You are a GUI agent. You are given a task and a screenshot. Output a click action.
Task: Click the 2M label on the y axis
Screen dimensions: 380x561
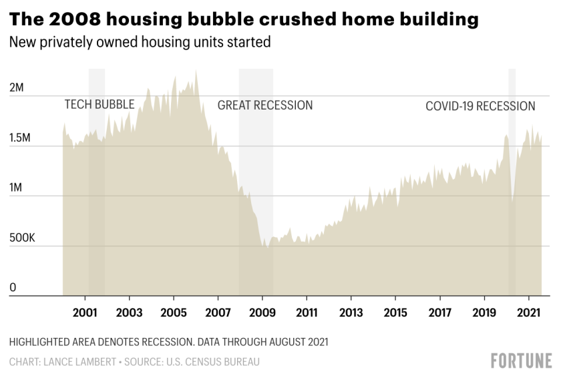[x=16, y=88]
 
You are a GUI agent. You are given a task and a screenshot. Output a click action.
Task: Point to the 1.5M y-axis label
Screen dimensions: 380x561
[x=21, y=138]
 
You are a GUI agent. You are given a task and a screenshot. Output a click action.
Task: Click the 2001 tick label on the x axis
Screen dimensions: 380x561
[x=85, y=313]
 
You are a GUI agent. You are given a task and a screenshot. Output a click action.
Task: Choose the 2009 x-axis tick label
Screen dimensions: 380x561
[x=262, y=313]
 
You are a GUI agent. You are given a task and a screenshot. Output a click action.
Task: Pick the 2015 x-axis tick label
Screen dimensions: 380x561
[x=395, y=313]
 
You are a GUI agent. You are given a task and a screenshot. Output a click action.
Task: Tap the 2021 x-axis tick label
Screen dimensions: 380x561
[x=528, y=313]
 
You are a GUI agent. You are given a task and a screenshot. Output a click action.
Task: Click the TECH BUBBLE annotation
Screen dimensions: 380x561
[x=99, y=104]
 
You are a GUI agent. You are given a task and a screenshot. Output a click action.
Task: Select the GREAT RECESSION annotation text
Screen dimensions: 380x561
[x=265, y=106]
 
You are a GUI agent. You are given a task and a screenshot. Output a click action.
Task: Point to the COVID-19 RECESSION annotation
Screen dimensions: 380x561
[x=480, y=106]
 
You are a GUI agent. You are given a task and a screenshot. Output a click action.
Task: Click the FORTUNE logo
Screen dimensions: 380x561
[x=522, y=361]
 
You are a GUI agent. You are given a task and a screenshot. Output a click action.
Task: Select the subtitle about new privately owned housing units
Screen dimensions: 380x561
[x=140, y=42]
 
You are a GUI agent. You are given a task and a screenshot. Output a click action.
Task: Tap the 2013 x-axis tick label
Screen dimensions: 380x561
[x=351, y=313]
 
